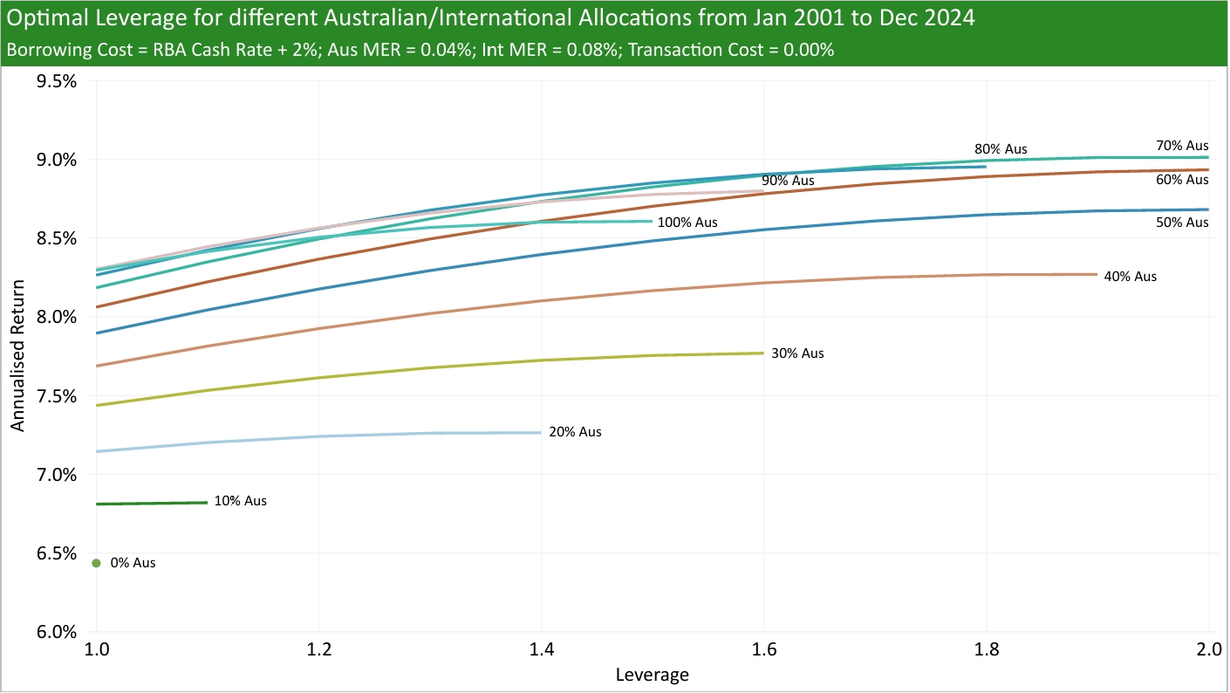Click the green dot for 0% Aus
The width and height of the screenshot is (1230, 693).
[x=96, y=563]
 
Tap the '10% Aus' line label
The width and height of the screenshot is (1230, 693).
[x=240, y=501]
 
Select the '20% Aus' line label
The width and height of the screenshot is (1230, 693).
[x=575, y=432]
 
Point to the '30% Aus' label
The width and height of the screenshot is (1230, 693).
[x=797, y=353]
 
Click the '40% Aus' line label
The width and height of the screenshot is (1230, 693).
[x=1130, y=276]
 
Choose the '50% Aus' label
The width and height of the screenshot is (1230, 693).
[x=1182, y=223]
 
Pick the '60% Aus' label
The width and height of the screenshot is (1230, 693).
[x=1182, y=180]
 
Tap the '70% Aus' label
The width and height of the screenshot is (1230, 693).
[x=1182, y=146]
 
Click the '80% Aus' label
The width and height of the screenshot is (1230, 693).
[x=1001, y=149]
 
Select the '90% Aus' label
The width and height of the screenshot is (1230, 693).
[x=788, y=181]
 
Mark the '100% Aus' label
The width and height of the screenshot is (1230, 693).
[x=687, y=223]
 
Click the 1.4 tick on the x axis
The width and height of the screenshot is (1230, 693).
[x=542, y=650]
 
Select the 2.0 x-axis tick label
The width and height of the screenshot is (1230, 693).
[x=1208, y=650]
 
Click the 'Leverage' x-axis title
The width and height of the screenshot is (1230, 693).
[x=652, y=675]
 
